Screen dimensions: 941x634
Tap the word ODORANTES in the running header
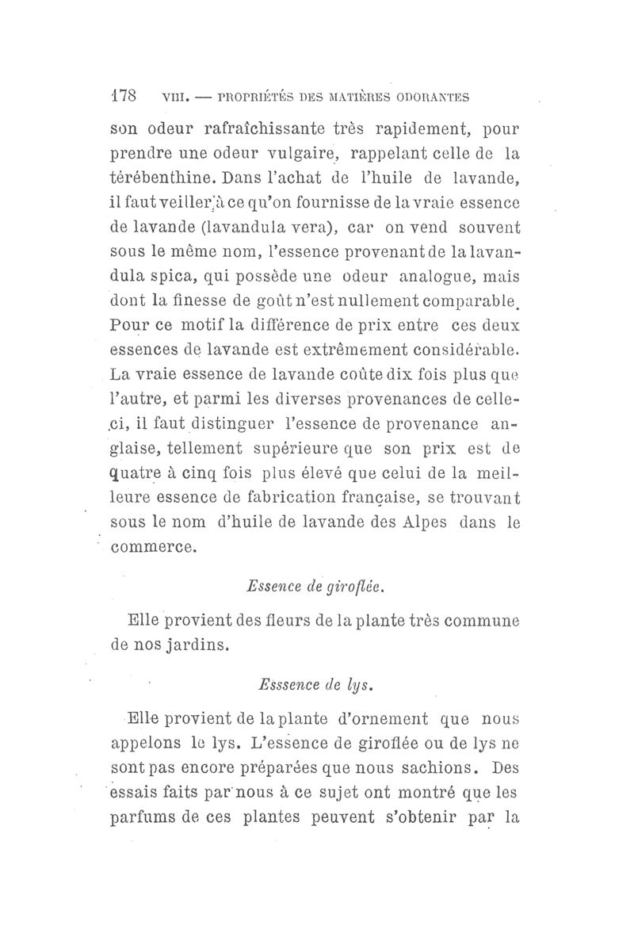coord(431,98)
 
